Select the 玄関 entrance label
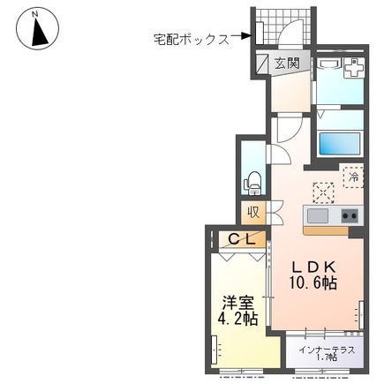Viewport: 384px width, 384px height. pos(285,64)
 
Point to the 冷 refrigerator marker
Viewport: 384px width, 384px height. pos(353,177)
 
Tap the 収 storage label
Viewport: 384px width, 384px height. pos(253,213)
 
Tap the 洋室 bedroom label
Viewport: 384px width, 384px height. pos(236,300)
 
